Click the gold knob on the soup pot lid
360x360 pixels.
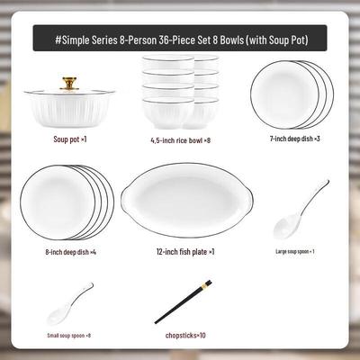tap(69, 84)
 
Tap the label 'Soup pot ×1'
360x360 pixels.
tap(70, 139)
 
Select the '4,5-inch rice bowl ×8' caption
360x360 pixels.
tap(180, 140)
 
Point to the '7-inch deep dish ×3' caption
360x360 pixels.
tap(295, 139)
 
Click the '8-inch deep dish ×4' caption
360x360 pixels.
tap(71, 252)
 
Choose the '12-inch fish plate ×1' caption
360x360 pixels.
tap(185, 252)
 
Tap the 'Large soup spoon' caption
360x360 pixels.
tap(295, 251)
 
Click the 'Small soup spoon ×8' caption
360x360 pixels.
tap(69, 336)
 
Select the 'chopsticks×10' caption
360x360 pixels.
tap(185, 335)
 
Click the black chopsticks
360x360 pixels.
tap(183, 301)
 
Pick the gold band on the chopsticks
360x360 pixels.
tap(206, 284)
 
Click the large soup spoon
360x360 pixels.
tap(300, 211)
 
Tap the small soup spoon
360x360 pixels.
tap(69, 305)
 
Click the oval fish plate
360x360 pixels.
tap(187, 200)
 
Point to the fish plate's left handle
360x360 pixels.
tap(126, 199)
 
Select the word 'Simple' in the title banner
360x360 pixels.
tap(76, 40)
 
